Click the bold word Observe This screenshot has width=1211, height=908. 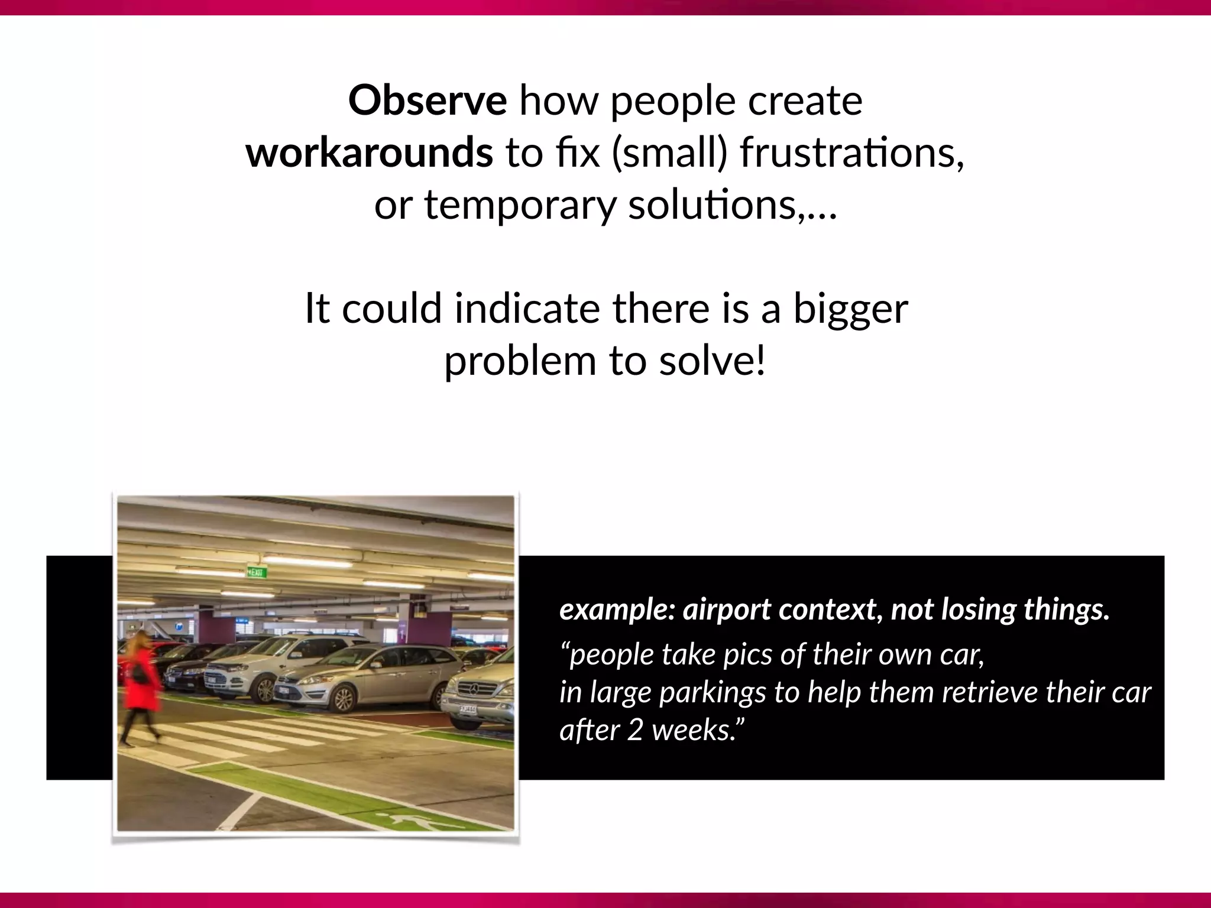point(427,100)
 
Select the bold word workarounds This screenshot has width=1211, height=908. point(369,153)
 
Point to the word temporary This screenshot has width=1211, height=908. point(520,205)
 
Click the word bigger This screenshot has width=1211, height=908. point(850,309)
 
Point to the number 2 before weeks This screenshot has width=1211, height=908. point(635,729)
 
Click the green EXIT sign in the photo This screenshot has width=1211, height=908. point(257,572)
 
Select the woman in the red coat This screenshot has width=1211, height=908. point(141,686)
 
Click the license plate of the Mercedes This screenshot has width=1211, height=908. point(467,708)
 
